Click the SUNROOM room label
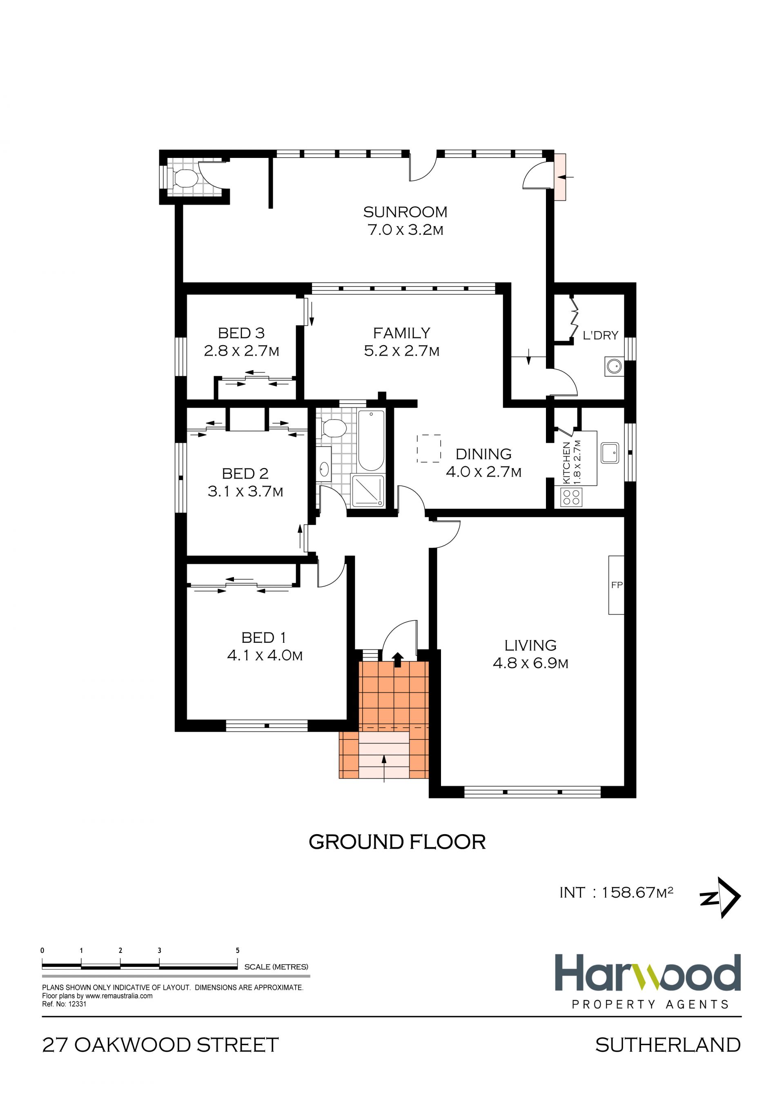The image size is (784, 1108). click(x=405, y=212)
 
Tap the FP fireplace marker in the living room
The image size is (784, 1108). click(x=617, y=585)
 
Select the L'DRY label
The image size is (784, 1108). click(x=600, y=335)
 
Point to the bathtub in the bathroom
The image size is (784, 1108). click(x=371, y=440)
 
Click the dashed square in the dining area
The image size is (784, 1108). click(x=429, y=449)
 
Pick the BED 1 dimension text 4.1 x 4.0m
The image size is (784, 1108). click(x=265, y=655)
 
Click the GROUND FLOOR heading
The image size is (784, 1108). click(x=397, y=842)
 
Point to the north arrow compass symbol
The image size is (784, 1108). click(x=720, y=897)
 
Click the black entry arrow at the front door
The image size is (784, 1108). click(x=398, y=659)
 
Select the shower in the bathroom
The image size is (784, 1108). click(x=368, y=491)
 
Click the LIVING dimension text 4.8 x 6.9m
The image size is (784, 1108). click(x=530, y=663)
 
